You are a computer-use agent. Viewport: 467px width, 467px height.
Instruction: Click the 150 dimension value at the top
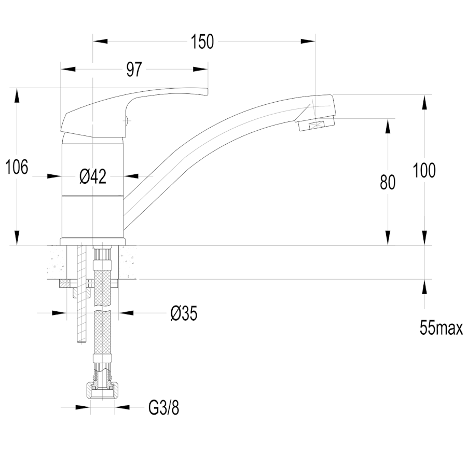pyautogui.click(x=202, y=42)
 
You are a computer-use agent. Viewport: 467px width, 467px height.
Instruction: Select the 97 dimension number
pyautogui.click(x=134, y=70)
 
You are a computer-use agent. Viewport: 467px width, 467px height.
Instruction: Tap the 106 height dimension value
pyautogui.click(x=17, y=167)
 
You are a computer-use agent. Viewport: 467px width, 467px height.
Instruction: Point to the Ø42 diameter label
pyautogui.click(x=93, y=176)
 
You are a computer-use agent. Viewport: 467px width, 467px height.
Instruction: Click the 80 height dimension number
pyautogui.click(x=388, y=182)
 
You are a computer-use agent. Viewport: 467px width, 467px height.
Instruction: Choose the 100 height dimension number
pyautogui.click(x=424, y=170)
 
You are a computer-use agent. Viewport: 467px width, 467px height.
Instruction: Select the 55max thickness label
pyautogui.click(x=442, y=327)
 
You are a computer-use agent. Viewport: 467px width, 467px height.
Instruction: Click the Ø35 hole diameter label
pyautogui.click(x=184, y=313)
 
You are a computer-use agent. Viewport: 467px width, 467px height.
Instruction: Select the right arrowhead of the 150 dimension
pyautogui.click(x=308, y=42)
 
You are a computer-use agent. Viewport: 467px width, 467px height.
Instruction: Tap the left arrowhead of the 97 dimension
pyautogui.click(x=68, y=70)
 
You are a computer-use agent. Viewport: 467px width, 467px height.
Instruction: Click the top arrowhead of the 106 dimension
pyautogui.click(x=17, y=95)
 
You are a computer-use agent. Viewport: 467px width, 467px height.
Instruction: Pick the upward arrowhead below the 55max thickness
pyautogui.click(x=424, y=287)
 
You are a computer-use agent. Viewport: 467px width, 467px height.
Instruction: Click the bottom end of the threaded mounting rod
pyautogui.click(x=82, y=343)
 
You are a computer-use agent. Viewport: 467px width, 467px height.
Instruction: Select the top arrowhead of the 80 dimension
pyautogui.click(x=388, y=126)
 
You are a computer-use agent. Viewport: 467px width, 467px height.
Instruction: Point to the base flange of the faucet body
pyautogui.click(x=93, y=241)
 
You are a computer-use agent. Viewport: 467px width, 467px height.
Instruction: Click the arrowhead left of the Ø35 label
pyautogui.click(x=59, y=313)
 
